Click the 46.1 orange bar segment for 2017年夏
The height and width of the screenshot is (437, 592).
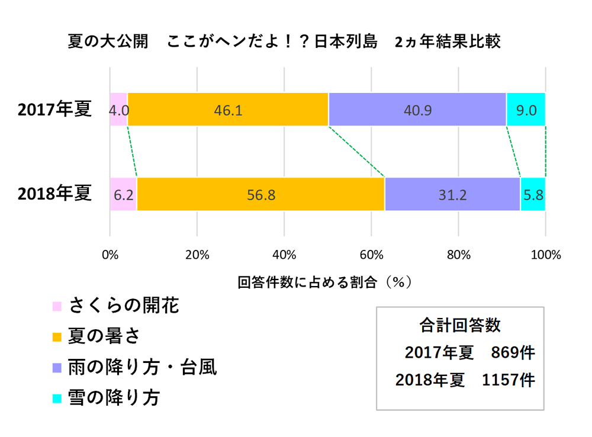pos(228,110)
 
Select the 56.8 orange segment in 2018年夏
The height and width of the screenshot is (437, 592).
pos(260,194)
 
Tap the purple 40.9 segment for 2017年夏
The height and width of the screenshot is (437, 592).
pos(417,110)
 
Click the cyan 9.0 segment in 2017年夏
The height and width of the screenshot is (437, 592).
pos(526,110)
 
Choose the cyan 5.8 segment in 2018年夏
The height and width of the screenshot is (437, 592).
pos(533,194)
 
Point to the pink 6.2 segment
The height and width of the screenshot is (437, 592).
pos(123,194)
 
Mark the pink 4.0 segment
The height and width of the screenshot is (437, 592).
pos(118,110)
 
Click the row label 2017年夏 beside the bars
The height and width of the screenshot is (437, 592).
pos(55,110)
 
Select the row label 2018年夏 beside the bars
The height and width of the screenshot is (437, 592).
pos(55,194)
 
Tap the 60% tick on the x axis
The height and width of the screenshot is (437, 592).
pos(371,255)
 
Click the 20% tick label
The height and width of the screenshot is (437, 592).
pos(197,255)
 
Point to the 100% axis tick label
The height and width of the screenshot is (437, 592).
pos(545,255)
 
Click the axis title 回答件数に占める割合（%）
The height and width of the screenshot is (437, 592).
pos(324,281)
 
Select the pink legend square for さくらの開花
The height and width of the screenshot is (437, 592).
pos(57,307)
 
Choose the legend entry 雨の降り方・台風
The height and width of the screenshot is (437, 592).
pos(143,367)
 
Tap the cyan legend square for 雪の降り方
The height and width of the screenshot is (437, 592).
pos(57,399)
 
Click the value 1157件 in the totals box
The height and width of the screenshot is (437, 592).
pos(509,380)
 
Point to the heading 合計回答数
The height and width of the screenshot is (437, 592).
pos(459,325)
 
